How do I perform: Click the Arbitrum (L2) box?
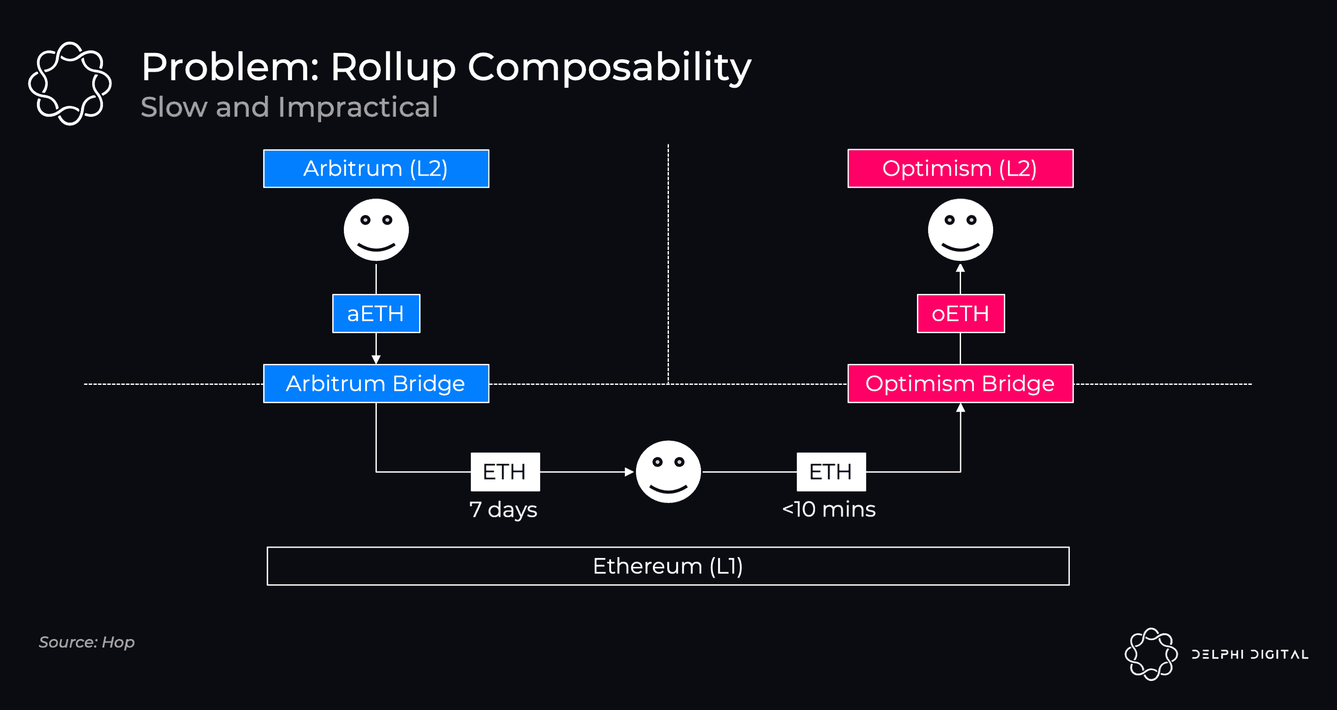376,169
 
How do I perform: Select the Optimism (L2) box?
960,169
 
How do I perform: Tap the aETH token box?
376,314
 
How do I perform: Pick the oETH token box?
961,314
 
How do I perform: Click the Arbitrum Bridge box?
376,384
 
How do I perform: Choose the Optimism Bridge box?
960,384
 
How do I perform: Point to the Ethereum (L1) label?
668,566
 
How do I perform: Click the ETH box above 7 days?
505,472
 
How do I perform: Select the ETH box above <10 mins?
831,472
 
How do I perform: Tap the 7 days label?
503,509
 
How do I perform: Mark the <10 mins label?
829,509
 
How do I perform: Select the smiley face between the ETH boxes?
668,472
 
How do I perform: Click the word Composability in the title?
609,67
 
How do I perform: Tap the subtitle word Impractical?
358,107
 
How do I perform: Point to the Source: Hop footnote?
87,642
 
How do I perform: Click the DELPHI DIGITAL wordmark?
1250,654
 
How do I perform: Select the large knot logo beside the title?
70,83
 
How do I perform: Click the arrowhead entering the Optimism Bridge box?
960,408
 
